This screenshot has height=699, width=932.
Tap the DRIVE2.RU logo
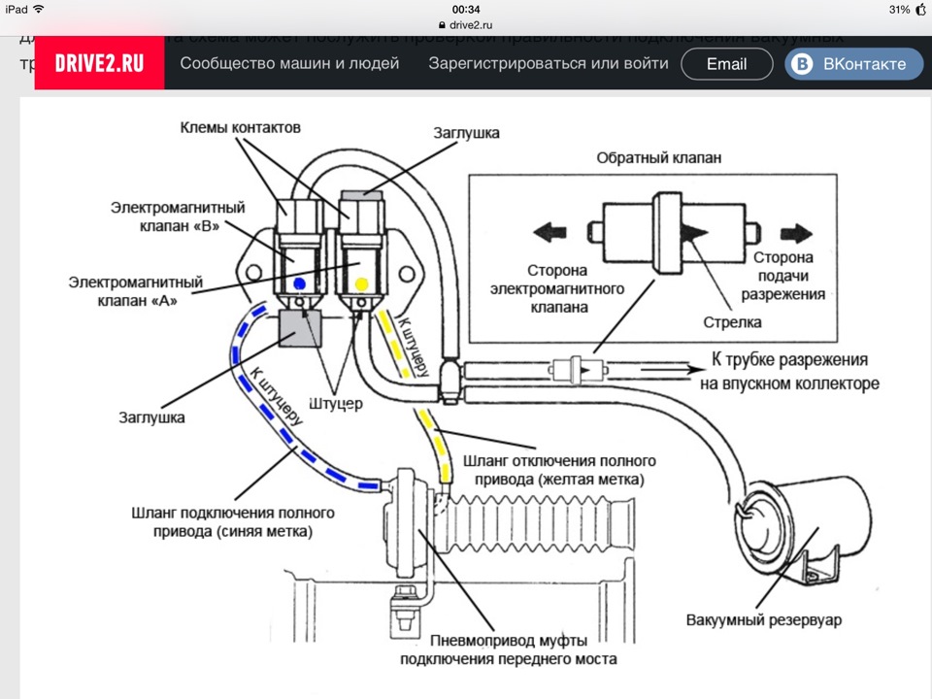pyautogui.click(x=100, y=64)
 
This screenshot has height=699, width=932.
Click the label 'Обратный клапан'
pyautogui.click(x=659, y=158)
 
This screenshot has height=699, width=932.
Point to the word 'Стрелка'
pyautogui.click(x=734, y=321)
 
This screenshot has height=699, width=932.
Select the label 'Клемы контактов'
pyautogui.click(x=240, y=128)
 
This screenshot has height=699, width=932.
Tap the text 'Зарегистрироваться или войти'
pyautogui.click(x=549, y=64)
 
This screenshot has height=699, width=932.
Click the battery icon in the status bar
pyautogui.click(x=912, y=10)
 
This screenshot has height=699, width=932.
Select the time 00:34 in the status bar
pyautogui.click(x=466, y=10)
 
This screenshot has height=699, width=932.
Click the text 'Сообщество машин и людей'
pyautogui.click(x=289, y=64)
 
